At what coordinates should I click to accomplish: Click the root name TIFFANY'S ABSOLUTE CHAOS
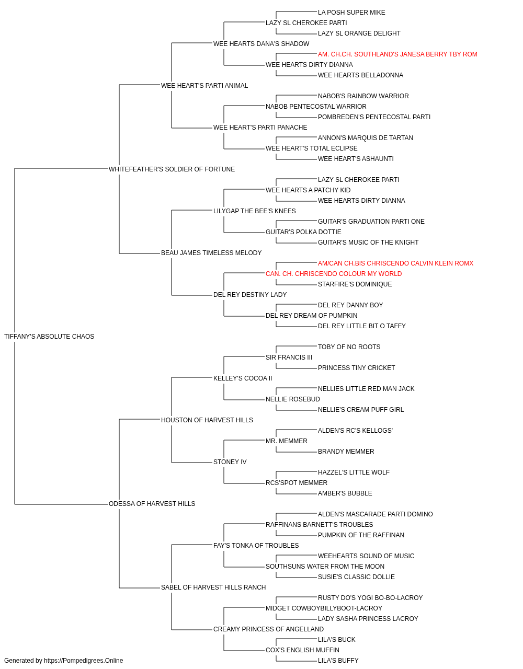49,336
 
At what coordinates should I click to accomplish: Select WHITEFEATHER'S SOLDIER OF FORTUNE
172,169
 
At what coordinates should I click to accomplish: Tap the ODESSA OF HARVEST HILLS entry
152,503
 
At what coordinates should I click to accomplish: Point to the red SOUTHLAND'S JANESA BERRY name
397,54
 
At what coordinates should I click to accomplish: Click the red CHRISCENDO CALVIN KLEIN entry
395,263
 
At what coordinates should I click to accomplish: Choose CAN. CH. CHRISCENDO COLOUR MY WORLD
334,274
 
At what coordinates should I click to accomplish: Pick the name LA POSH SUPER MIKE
351,13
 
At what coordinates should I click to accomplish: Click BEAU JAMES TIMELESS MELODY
211,253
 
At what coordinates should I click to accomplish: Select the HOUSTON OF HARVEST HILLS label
207,420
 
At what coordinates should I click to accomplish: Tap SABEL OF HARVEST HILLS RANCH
213,587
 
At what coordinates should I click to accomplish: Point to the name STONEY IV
230,462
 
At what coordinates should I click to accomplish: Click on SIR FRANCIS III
289,357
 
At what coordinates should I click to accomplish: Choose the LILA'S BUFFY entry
338,661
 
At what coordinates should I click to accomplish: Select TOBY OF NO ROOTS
349,347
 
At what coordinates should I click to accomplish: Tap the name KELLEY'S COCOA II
243,378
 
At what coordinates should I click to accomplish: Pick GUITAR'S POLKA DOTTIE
303,232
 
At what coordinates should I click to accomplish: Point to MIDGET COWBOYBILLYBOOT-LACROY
324,608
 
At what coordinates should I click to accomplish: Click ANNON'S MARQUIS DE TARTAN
365,137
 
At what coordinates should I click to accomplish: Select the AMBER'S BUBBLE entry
345,493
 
